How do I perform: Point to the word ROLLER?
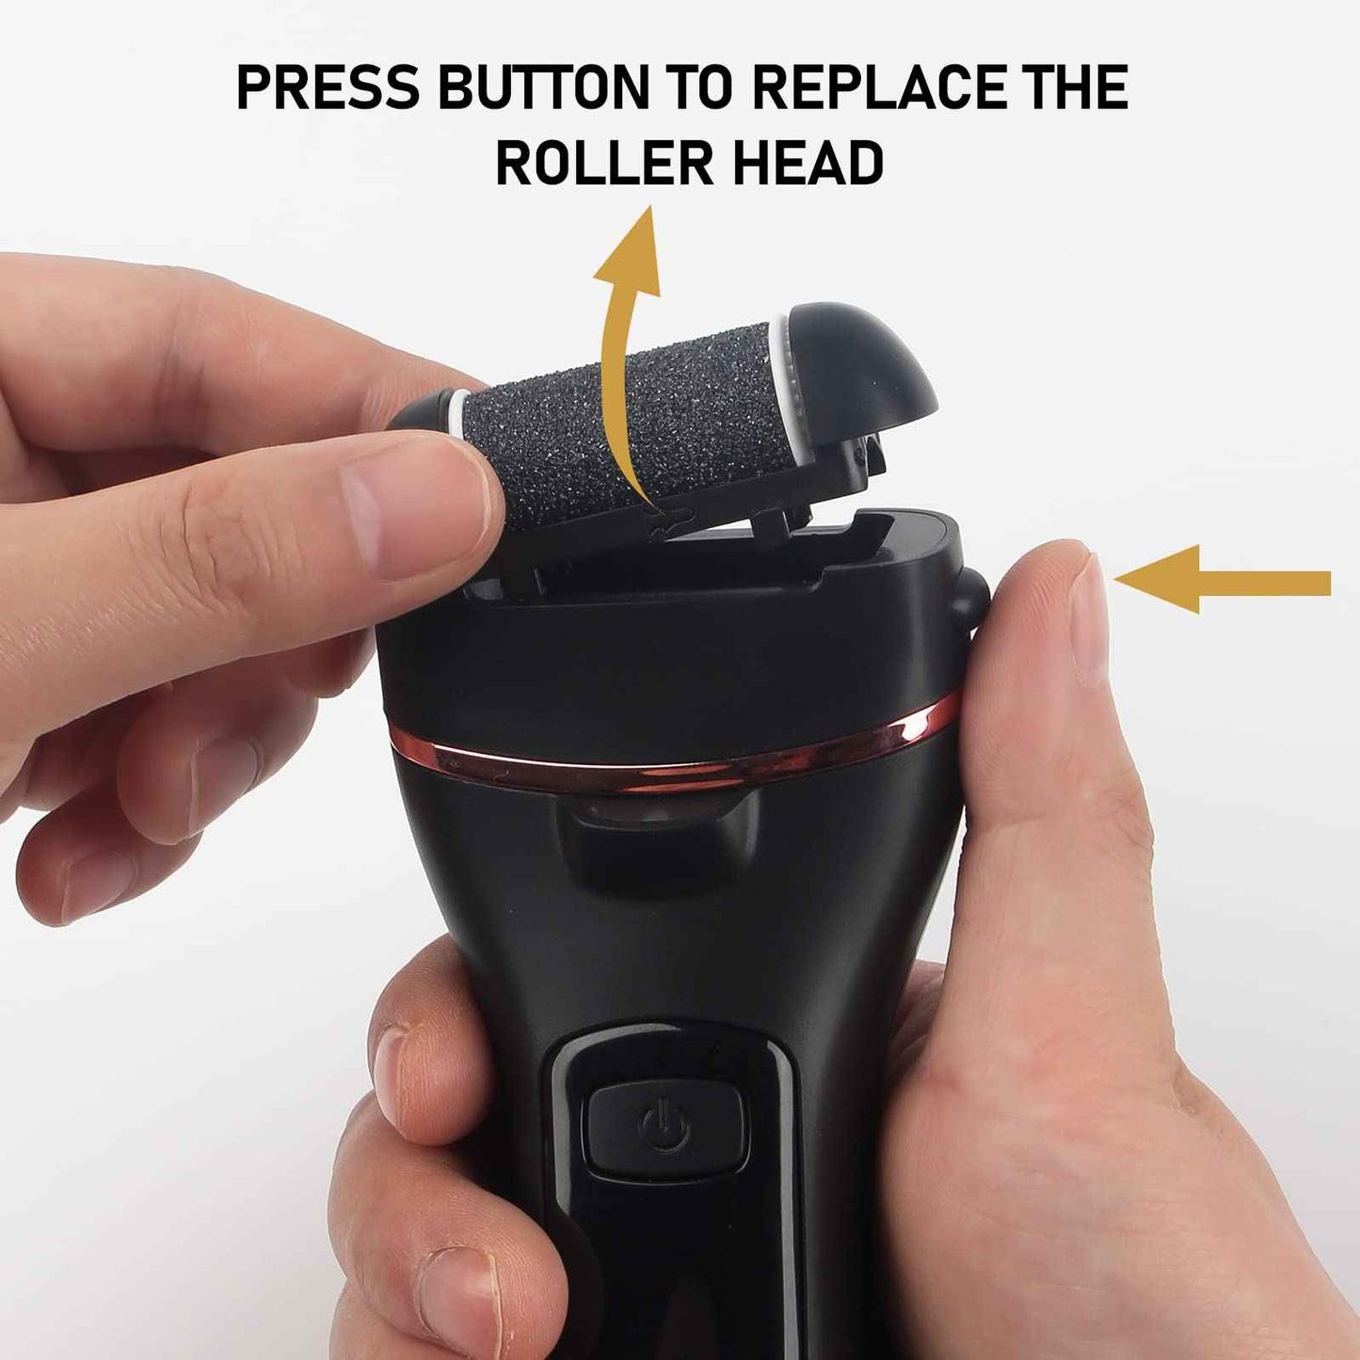coord(604,162)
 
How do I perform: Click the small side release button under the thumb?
coord(969,600)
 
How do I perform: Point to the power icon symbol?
coord(664,1129)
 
